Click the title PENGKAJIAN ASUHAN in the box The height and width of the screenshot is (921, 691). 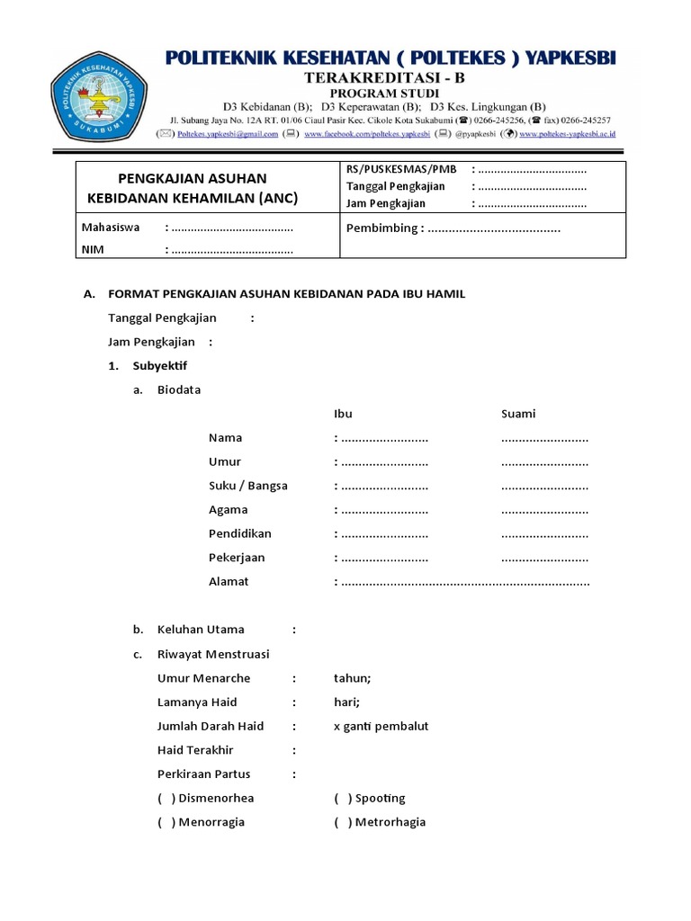(193, 178)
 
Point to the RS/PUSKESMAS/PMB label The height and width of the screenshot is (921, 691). (401, 169)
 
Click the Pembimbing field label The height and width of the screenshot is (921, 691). (382, 228)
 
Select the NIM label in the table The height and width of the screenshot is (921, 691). (93, 250)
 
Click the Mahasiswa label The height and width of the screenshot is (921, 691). (111, 228)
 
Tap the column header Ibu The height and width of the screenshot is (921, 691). (343, 414)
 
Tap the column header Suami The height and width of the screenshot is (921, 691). (518, 414)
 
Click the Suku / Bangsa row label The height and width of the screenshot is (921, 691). (248, 486)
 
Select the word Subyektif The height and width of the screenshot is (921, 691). (160, 366)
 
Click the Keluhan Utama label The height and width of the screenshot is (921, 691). (201, 630)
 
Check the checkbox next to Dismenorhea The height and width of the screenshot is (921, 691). (166, 799)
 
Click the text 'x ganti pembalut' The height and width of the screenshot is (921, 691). (381, 726)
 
